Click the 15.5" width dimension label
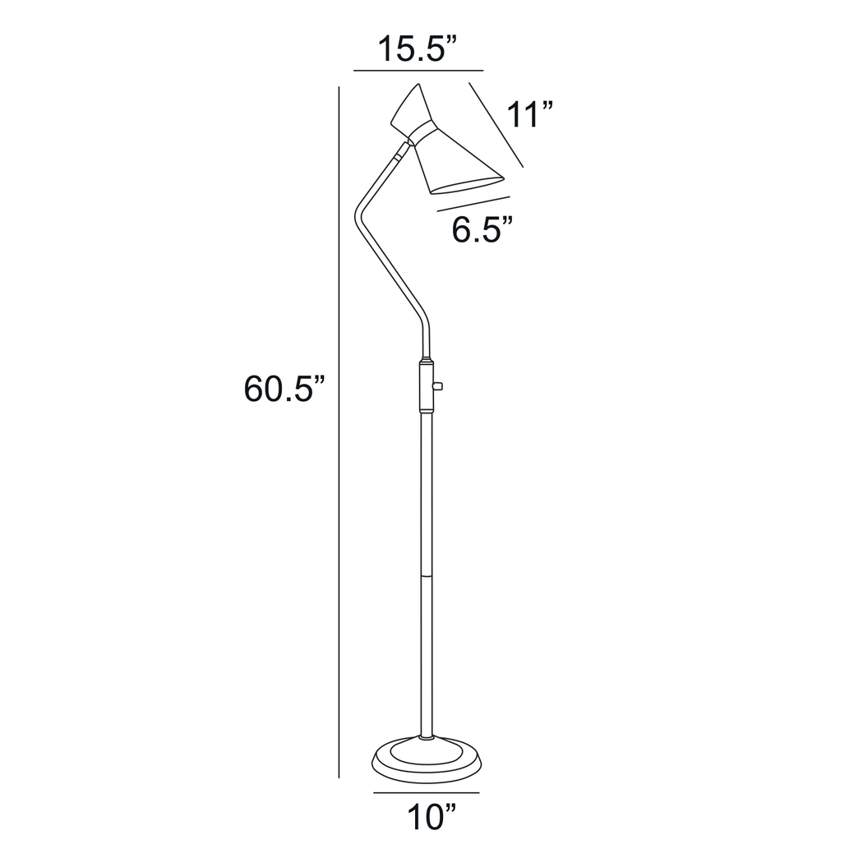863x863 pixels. (417, 49)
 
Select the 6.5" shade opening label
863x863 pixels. (482, 229)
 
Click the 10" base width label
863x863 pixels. (431, 818)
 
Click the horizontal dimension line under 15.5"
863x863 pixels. (418, 72)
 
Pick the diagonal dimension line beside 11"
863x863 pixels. (496, 124)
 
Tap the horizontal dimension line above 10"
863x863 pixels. (426, 793)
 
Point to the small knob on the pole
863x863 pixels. (438, 385)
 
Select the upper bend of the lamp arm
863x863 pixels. (359, 215)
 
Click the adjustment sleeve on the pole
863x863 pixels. (426, 385)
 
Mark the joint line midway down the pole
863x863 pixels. (426, 575)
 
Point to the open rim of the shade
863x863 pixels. (467, 186)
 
